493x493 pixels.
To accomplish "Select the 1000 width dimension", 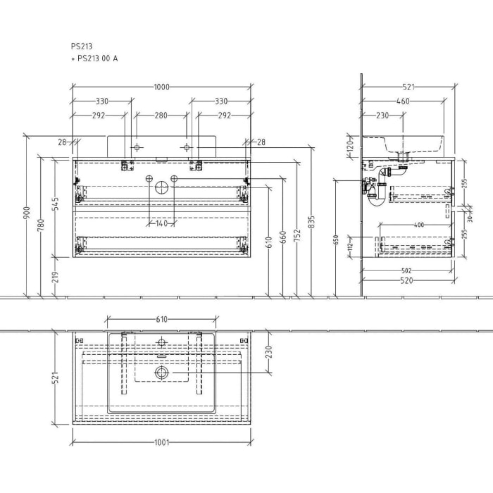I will (162, 87).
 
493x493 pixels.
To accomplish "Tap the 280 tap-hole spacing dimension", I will (162, 115).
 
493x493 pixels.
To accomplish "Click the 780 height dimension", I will (42, 225).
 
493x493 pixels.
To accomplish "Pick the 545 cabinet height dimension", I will (55, 204).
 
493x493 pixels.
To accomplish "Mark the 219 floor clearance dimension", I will (55, 275).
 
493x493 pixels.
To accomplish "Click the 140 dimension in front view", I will (162, 223).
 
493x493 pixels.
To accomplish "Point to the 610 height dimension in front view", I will (268, 244).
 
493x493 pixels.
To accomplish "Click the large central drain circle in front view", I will (162, 187).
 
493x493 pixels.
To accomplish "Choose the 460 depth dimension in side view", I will (403, 101).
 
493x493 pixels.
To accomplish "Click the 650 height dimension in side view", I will (336, 239).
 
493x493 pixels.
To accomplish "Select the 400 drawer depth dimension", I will (419, 225).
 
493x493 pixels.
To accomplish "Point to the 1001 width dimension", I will (161, 443).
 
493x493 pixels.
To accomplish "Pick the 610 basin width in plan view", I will (161, 320).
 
